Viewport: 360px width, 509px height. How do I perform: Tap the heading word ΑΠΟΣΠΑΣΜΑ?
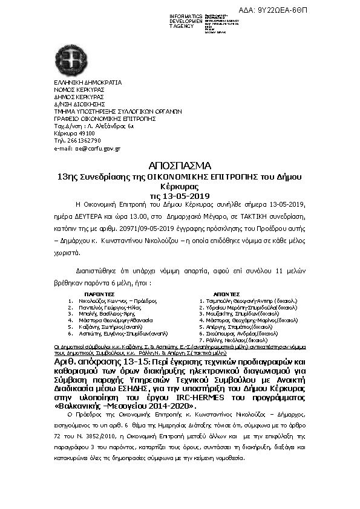pyautogui.click(x=180, y=166)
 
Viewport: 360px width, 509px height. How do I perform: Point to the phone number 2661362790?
pyautogui.click(x=78, y=140)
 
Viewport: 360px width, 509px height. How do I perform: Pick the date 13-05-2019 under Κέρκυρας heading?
pyautogui.click(x=180, y=196)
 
